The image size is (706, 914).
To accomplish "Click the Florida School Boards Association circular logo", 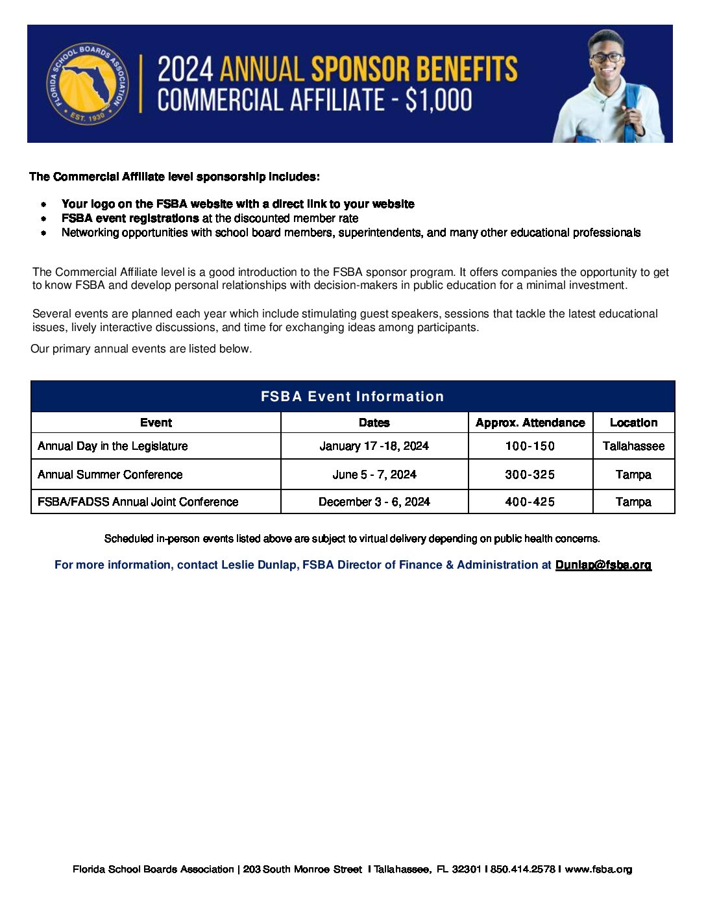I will click(x=86, y=84).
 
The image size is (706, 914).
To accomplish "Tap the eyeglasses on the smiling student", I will click(x=607, y=57).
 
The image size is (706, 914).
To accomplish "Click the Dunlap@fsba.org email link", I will click(x=603, y=565).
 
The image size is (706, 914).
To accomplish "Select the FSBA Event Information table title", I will click(x=352, y=397).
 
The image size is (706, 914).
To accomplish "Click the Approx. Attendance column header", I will click(x=530, y=423).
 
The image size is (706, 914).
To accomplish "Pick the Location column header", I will click(x=633, y=423).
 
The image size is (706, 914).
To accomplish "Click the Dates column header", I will click(x=374, y=423).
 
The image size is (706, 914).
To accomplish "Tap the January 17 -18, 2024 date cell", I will click(x=374, y=446).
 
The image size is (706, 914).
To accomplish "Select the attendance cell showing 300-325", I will click(x=530, y=475).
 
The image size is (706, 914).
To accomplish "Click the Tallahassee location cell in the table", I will click(x=633, y=446).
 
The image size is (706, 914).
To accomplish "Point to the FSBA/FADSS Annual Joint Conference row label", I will click(x=138, y=502).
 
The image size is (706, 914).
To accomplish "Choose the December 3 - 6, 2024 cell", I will click(x=374, y=502).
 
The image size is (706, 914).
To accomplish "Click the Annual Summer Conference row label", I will click(x=110, y=475).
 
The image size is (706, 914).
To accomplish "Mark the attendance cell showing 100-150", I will click(x=530, y=446).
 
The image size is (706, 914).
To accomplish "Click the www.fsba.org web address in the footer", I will click(x=598, y=869).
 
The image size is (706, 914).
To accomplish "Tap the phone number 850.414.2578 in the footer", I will click(x=522, y=869).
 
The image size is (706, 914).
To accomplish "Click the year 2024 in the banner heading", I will click(x=186, y=69).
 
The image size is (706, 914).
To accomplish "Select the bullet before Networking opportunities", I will click(x=43, y=232).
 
